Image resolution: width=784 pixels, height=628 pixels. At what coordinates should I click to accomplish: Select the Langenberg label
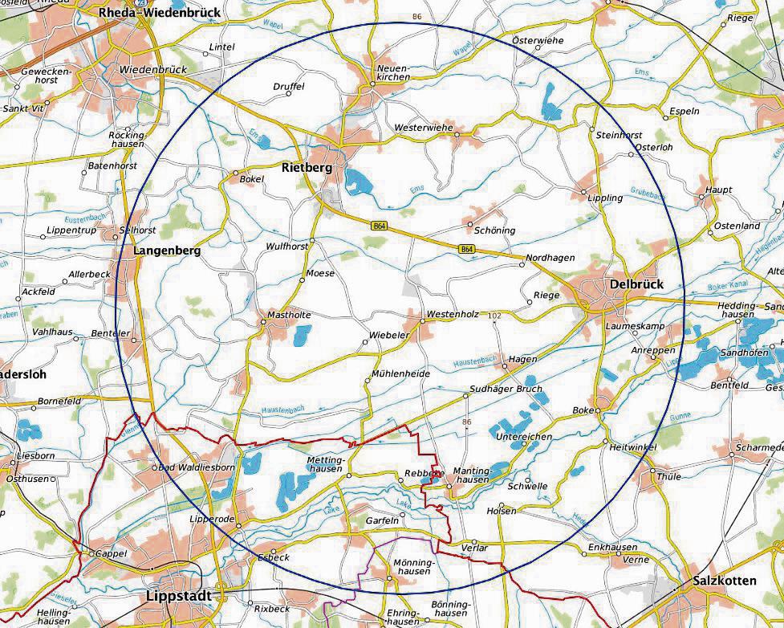(x=166, y=251)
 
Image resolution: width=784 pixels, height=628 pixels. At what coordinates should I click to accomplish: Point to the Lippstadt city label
(x=179, y=596)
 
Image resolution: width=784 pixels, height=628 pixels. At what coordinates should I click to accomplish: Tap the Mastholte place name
(x=289, y=315)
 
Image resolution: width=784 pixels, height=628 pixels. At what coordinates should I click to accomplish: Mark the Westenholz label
(x=453, y=313)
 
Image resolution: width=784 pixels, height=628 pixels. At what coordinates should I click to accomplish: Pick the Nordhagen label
(x=550, y=257)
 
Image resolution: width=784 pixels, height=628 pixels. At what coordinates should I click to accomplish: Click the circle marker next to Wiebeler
(x=364, y=342)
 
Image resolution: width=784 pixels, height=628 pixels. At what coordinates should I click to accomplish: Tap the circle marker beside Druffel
(x=289, y=94)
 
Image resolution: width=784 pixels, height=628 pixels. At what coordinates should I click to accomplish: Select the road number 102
(x=494, y=316)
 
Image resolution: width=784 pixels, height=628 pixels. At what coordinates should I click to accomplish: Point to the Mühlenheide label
(x=401, y=373)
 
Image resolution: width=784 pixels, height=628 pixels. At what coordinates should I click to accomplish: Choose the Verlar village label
(x=474, y=548)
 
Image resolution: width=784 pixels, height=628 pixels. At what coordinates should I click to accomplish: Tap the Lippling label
(x=605, y=198)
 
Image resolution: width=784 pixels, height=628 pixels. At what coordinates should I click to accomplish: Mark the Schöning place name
(x=494, y=230)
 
